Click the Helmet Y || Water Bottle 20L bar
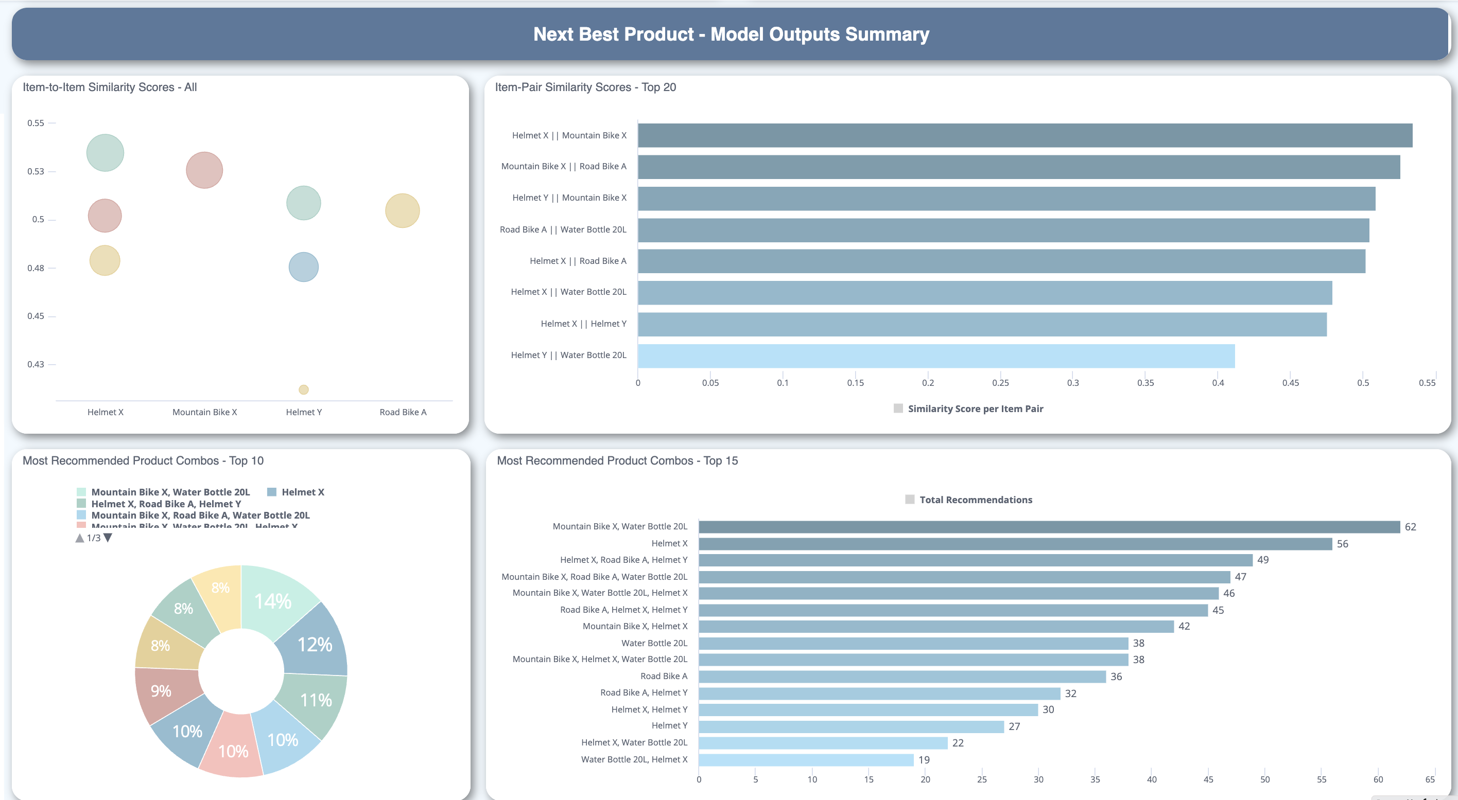coord(935,356)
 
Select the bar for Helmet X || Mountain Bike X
coord(1025,136)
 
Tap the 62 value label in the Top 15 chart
coord(1410,527)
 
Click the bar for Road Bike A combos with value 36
coord(901,677)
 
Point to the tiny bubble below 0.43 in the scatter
coord(303,389)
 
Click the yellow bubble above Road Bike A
coord(402,210)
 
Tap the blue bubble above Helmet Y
coord(303,267)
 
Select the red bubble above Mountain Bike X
coord(204,170)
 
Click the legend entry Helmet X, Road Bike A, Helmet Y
coord(166,504)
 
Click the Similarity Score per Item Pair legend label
coord(975,408)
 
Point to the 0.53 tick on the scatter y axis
coord(36,171)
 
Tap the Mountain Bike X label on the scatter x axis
coord(204,412)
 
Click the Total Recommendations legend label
coord(975,500)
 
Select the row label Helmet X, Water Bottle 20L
coord(634,742)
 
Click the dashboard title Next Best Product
coord(731,34)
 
